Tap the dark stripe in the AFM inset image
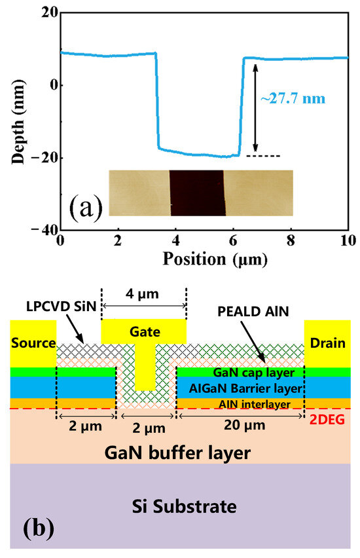point(196,193)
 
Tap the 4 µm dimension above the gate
point(143,294)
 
